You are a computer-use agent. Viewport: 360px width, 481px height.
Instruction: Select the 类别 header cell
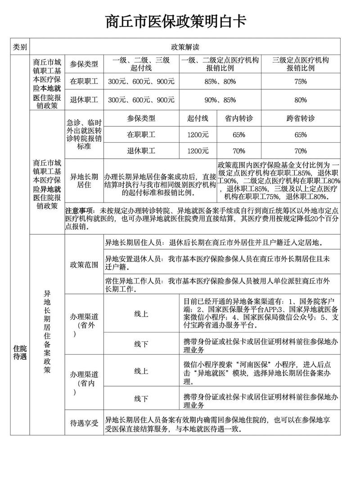tap(20, 47)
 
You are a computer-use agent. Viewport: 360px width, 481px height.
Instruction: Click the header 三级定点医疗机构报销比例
tap(301, 64)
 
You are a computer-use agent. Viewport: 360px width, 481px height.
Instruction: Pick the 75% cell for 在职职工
tap(301, 82)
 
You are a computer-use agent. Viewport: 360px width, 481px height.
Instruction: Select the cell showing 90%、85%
tap(220, 100)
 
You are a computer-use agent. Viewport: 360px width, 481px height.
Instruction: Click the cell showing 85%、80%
tap(220, 82)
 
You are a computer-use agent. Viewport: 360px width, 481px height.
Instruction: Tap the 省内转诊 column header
tap(239, 118)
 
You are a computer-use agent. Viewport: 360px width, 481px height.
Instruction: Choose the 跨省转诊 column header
tap(301, 118)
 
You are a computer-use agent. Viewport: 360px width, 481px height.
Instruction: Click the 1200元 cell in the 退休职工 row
tap(198, 151)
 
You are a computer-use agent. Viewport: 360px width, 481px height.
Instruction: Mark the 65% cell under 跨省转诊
tap(301, 135)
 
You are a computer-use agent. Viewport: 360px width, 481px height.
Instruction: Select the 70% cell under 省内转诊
tap(239, 151)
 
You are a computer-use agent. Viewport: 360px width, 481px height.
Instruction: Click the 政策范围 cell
tap(84, 265)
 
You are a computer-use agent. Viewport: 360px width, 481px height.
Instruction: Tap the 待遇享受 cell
tap(84, 423)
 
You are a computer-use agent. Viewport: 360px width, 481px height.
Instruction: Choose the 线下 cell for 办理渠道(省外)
tap(141, 344)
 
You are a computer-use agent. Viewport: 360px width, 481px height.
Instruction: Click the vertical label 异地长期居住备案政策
tap(47, 332)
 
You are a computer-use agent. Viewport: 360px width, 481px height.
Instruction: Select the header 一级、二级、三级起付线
tap(141, 64)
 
